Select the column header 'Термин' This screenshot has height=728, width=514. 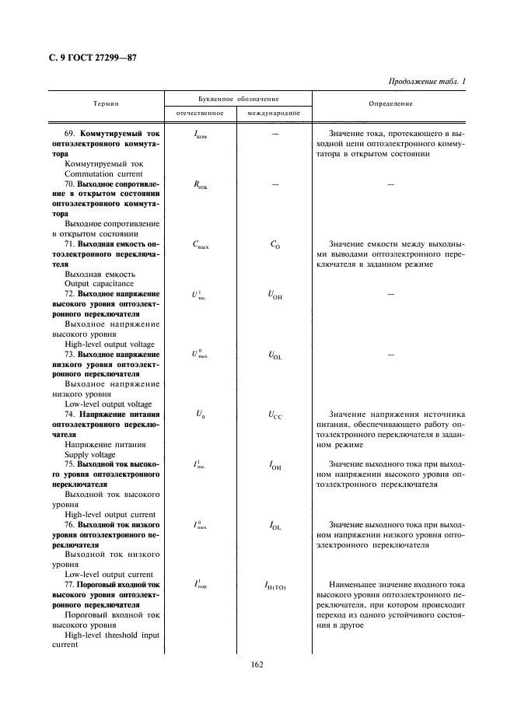(x=106, y=103)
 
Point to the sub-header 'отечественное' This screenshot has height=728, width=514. (x=200, y=113)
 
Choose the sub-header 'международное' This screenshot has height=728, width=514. (x=275, y=113)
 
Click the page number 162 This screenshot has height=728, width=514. (x=257, y=665)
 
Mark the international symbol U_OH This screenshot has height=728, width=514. (x=275, y=296)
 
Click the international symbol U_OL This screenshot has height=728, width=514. (x=275, y=356)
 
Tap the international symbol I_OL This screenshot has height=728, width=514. (x=275, y=527)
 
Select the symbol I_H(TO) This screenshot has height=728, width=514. (x=275, y=586)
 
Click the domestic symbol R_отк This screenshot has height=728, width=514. (x=200, y=185)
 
